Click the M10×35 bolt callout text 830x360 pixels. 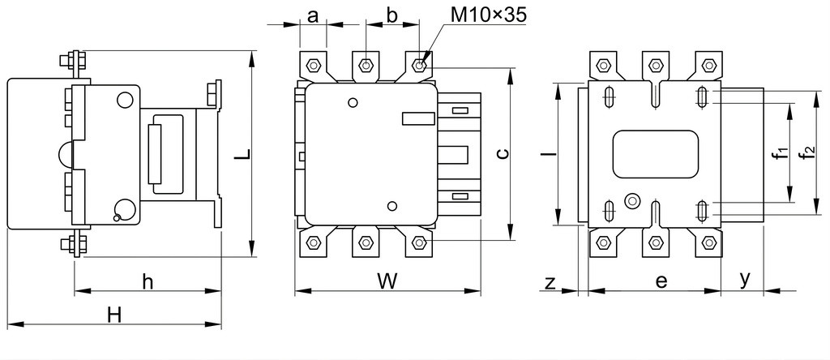[489, 15]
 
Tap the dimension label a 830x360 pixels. [313, 16]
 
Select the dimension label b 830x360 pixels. [391, 15]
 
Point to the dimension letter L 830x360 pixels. [242, 155]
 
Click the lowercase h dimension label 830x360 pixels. [148, 281]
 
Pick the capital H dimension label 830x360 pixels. [115, 315]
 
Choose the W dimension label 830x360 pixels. [387, 281]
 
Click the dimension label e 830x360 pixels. [661, 282]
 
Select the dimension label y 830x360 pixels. [745, 280]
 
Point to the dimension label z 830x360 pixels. [550, 283]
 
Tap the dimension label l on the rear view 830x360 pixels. [550, 153]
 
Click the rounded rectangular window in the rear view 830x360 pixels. [655, 154]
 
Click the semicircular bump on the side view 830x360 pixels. [63, 154]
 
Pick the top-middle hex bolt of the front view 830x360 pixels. [366, 65]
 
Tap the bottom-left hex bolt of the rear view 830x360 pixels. [603, 243]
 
